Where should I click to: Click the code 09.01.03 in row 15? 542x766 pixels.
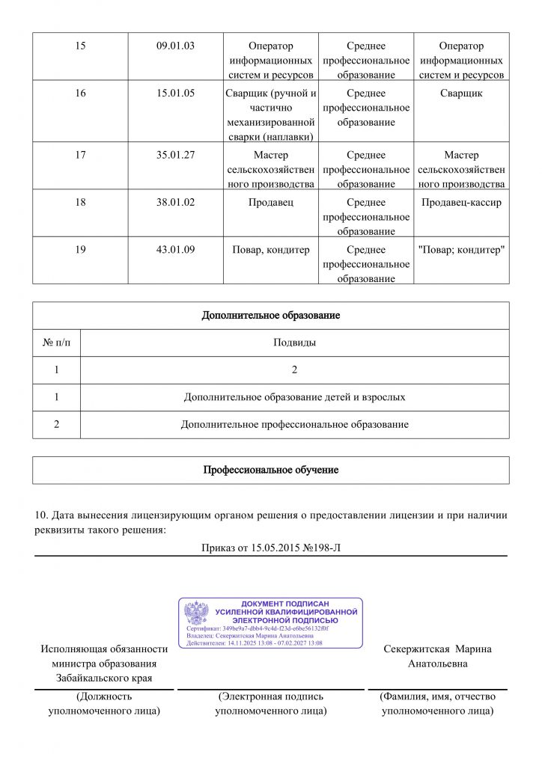tap(175, 46)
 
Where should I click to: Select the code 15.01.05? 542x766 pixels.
tap(175, 94)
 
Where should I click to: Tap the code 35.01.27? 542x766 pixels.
tap(175, 156)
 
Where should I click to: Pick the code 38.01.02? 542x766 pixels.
tap(175, 203)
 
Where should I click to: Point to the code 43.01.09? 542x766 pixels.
tap(175, 250)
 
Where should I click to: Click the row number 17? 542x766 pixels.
tap(81, 156)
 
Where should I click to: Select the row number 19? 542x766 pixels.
tap(81, 250)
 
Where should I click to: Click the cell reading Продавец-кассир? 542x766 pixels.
tap(461, 203)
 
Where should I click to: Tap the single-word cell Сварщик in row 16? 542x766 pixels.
tap(461, 94)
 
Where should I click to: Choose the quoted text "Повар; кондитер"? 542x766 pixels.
tap(461, 250)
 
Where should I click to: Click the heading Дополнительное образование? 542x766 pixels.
tap(271, 316)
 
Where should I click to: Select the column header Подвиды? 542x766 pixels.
tap(294, 343)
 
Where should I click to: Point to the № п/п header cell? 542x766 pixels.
tap(56, 343)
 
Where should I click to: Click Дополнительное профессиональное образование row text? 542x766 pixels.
tap(294, 425)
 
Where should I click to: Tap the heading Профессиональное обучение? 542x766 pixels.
tap(271, 471)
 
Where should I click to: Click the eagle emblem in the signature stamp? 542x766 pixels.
tap(196, 613)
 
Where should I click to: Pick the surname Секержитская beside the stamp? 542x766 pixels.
tap(416, 649)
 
